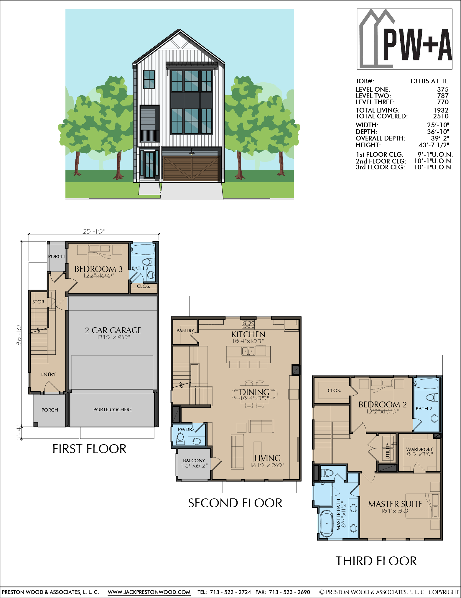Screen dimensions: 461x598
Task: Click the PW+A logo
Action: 404,39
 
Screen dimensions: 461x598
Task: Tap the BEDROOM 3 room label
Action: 98,269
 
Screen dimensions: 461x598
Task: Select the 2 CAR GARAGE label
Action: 113,330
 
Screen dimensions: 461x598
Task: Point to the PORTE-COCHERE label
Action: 113,409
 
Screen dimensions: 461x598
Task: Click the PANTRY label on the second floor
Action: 185,331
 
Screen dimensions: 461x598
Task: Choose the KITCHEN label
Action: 248,334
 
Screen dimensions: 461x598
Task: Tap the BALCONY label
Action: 194,460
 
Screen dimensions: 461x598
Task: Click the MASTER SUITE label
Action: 395,504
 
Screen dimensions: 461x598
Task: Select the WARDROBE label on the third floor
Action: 419,449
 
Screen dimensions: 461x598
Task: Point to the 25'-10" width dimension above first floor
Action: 94,232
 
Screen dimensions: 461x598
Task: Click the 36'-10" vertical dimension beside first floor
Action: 19,334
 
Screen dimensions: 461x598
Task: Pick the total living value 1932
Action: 441,110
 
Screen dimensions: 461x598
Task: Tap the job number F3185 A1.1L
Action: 429,81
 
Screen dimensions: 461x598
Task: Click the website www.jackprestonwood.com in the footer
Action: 149,592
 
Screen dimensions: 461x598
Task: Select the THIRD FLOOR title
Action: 376,561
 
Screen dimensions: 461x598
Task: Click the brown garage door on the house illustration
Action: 191,169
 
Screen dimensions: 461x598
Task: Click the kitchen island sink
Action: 248,351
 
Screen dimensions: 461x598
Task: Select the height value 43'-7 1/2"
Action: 434,145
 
